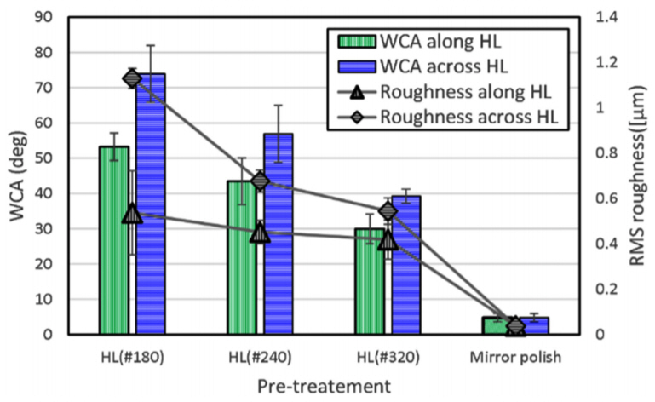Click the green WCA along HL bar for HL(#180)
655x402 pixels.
pos(114,256)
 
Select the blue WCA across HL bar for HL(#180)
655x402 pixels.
pos(150,221)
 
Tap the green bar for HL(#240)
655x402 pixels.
pos(242,273)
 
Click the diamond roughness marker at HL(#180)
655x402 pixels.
pos(132,78)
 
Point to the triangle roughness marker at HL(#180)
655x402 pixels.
pos(132,214)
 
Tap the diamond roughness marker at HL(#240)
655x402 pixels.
pos(261,181)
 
